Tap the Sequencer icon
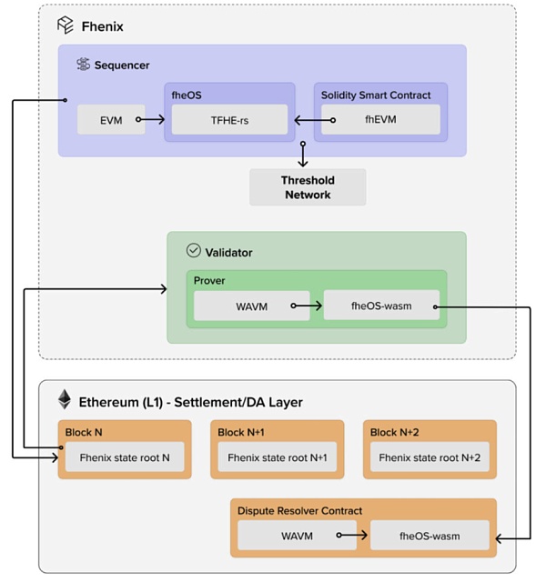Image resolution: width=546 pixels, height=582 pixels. click(83, 65)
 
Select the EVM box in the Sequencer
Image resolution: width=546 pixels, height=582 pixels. click(111, 119)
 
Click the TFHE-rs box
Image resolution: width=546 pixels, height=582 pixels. click(231, 119)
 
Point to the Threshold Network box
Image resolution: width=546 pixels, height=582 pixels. click(308, 187)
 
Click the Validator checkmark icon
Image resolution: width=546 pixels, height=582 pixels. click(193, 250)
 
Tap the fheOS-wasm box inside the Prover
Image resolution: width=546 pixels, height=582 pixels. click(381, 306)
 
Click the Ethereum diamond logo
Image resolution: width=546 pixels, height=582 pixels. click(65, 400)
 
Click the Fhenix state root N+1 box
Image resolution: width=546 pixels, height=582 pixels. click(277, 457)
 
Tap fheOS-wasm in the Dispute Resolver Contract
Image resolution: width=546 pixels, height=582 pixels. click(428, 537)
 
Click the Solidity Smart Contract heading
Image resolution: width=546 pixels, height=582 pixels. click(377, 95)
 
